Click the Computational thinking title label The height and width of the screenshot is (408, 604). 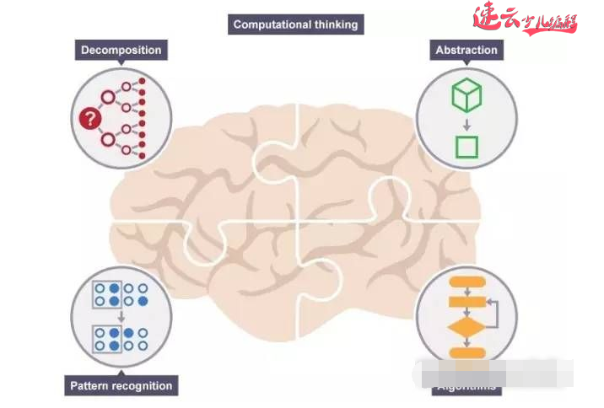[x=295, y=24]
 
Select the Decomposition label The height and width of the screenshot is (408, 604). [x=121, y=50]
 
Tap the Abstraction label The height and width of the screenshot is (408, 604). [x=466, y=50]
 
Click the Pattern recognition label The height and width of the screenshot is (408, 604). [x=120, y=386]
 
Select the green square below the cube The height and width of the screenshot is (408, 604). [x=466, y=147]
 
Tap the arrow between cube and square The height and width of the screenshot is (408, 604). [x=466, y=123]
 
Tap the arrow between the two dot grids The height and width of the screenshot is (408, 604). [x=121, y=316]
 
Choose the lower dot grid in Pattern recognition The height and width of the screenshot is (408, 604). [x=121, y=339]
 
